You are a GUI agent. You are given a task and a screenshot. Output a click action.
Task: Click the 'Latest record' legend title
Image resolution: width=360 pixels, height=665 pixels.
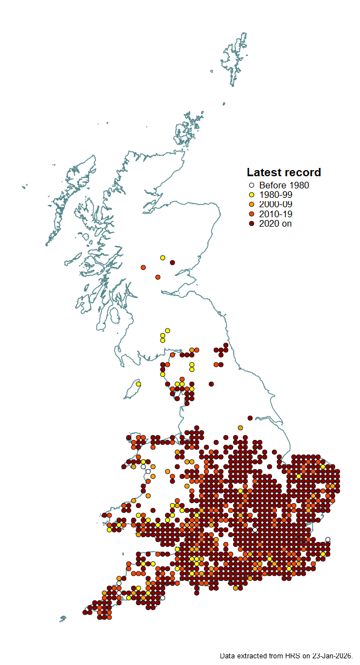[284, 172]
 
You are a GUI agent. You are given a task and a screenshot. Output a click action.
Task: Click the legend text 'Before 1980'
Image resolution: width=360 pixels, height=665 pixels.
[284, 186]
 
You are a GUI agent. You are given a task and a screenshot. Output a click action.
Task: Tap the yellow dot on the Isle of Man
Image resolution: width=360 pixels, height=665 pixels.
[138, 384]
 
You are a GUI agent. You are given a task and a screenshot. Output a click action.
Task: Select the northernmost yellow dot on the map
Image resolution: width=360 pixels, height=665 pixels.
[162, 258]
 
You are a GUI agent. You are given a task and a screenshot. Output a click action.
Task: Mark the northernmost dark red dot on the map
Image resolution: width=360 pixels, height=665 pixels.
[172, 263]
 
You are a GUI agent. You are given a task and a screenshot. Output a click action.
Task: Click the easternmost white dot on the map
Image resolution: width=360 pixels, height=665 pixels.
[328, 539]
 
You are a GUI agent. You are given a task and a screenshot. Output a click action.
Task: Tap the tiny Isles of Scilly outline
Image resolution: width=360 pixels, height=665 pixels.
[63, 618]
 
